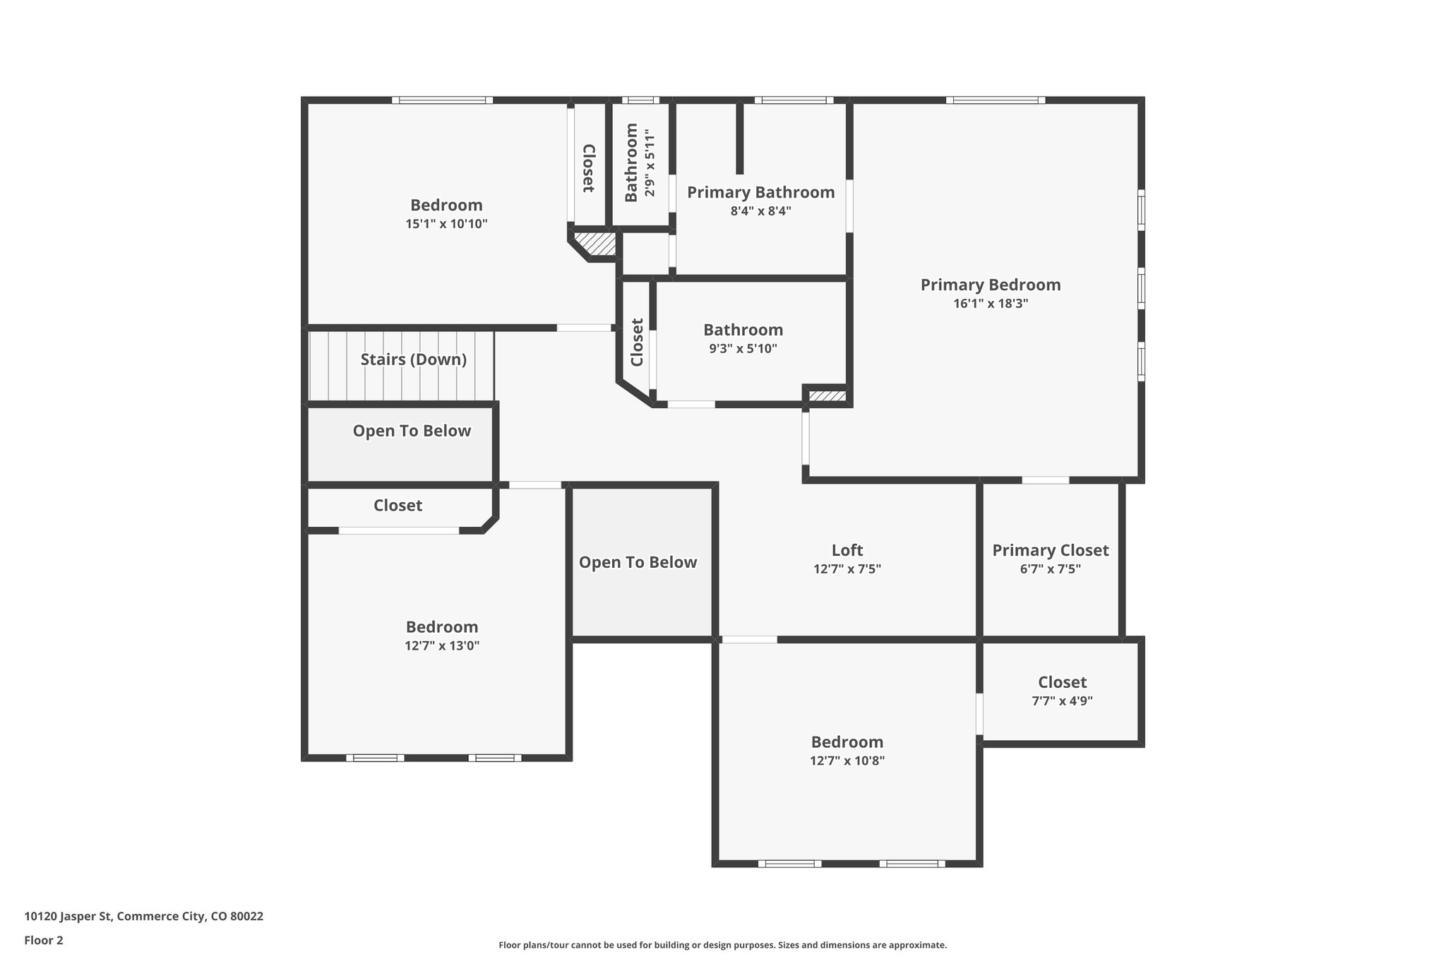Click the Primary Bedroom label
click(990, 285)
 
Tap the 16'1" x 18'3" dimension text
click(990, 304)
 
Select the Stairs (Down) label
click(413, 359)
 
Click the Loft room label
click(847, 550)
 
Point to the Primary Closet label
click(1050, 550)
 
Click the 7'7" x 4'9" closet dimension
click(1062, 701)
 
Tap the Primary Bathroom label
click(760, 192)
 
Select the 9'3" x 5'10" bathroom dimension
click(743, 349)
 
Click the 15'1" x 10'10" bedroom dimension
click(446, 224)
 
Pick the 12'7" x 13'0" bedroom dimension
click(442, 645)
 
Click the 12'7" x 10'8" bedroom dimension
click(847, 761)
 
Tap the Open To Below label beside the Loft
click(638, 562)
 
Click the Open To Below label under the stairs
click(412, 431)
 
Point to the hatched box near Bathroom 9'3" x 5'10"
click(827, 396)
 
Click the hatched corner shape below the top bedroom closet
click(597, 244)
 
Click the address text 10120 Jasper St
click(143, 917)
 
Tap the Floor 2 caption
click(44, 940)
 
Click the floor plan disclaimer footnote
click(722, 945)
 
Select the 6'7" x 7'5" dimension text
click(1050, 569)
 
